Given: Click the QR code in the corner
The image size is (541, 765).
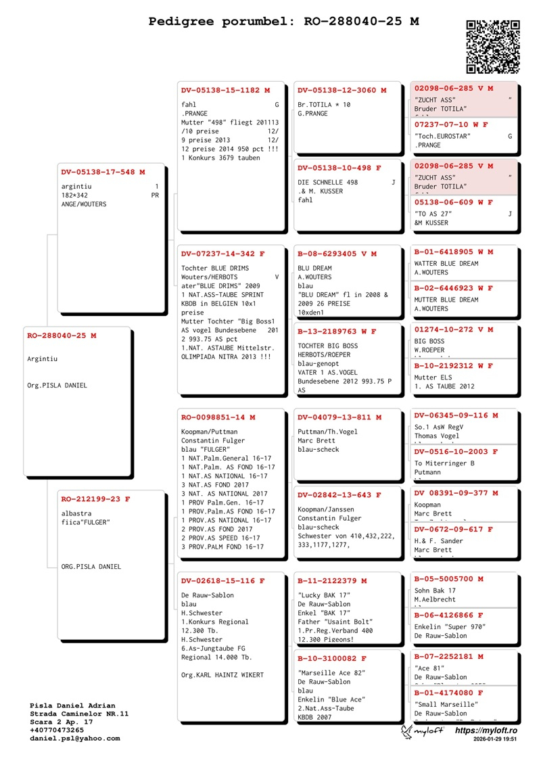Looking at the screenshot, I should point(493,46).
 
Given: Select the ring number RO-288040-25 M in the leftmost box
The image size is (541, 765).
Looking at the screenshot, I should point(62,335).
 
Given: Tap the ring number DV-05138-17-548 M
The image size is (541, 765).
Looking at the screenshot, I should point(103,172).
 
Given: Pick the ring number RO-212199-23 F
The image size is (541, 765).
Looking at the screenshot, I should point(95,499).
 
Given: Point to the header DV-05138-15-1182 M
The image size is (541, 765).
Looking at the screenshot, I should point(225,90).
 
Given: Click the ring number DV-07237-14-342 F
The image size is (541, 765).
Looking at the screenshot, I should point(222,254).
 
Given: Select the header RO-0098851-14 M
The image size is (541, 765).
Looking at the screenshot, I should point(218,417).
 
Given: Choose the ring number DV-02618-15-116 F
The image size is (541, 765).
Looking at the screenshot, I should point(222,581).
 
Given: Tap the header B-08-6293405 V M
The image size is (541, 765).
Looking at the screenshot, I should point(337,254).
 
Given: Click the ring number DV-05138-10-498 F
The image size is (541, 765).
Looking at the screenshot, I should point(339,168).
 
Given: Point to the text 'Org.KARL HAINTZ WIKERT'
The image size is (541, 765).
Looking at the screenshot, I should point(222,675).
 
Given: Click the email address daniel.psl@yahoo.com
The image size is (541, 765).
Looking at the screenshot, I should point(75,738).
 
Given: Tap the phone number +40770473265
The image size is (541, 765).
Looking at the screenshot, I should point(57,730).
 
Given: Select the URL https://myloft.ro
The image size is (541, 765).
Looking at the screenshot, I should point(486,731).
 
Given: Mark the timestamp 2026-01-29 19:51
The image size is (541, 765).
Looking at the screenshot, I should point(495,740).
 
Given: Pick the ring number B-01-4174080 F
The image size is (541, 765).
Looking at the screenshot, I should point(448,693).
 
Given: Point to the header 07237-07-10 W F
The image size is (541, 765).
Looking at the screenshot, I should point(451,125).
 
